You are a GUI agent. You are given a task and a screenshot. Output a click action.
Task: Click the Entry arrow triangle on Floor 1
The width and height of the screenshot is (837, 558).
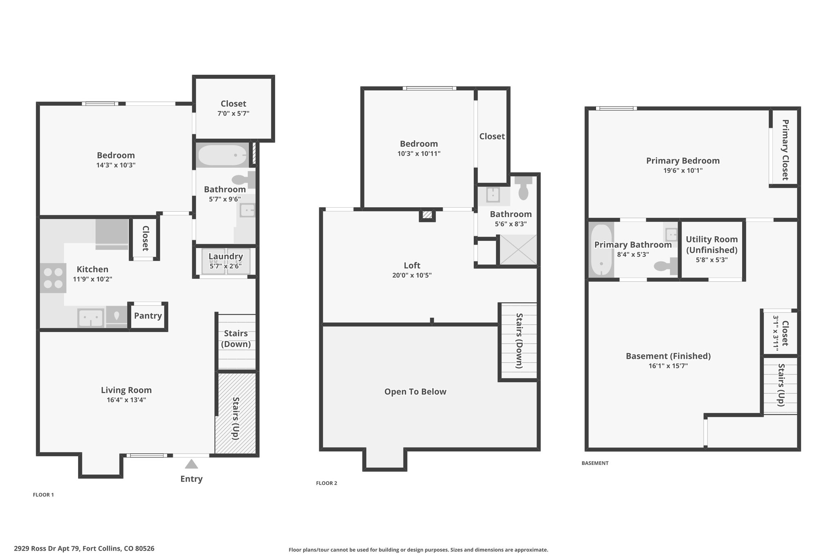point(191,464)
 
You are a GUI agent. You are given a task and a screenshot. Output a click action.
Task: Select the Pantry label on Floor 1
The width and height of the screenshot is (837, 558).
point(148,316)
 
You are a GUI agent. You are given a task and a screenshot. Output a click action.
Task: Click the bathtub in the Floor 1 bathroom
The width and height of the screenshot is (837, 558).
point(223,155)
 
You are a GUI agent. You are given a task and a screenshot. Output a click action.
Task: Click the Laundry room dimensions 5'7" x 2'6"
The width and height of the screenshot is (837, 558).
point(226,266)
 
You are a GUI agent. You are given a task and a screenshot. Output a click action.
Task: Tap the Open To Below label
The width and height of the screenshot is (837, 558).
point(415,392)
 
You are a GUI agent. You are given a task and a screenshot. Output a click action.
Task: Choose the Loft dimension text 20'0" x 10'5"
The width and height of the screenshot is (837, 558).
point(412,276)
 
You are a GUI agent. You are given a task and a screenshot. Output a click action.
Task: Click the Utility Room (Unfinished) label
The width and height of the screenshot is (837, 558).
point(712,244)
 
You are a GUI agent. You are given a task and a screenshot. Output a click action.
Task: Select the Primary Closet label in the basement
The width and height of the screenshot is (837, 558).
point(785,150)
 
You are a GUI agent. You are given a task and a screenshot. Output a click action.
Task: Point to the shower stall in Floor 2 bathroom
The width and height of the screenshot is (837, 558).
point(518,250)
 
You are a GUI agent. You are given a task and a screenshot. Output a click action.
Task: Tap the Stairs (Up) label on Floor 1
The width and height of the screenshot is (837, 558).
point(236,418)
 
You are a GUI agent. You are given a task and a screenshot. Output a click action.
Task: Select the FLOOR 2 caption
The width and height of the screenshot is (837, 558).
point(327,483)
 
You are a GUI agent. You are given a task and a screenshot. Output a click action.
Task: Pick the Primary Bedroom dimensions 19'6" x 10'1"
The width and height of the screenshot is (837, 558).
point(683,171)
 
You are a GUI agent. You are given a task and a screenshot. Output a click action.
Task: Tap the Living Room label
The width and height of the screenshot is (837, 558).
point(126,390)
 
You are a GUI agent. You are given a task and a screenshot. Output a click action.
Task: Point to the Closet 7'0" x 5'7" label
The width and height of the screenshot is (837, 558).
point(233,108)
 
